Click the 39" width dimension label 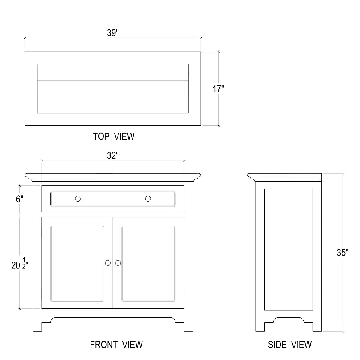tap(113, 33)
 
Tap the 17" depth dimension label tap(218, 89)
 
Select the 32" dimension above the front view tap(113, 155)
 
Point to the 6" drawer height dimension tap(19, 199)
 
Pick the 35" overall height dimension tap(343, 253)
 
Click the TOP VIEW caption tap(114, 136)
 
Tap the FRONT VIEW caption tap(116, 345)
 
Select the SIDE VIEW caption tap(290, 345)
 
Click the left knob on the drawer tap(78, 199)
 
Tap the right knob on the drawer tap(148, 199)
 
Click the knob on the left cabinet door tap(108, 263)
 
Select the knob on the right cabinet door tap(118, 263)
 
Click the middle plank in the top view tap(113, 89)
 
